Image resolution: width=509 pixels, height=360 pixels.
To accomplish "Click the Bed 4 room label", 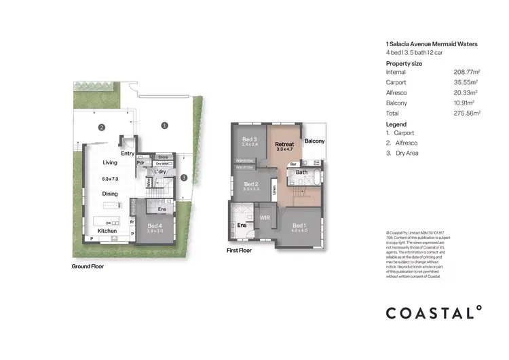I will (x=155, y=226).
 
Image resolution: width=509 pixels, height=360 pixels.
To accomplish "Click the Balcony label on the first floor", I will (x=314, y=141).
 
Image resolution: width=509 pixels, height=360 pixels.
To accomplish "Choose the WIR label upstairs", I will (x=264, y=218).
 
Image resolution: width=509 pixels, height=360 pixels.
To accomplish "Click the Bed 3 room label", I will (x=250, y=139).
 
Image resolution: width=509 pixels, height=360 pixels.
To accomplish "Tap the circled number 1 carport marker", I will (x=164, y=125).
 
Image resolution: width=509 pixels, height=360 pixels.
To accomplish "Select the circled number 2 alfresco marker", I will (x=100, y=127).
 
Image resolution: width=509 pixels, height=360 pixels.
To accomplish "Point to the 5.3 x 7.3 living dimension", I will (x=110, y=179).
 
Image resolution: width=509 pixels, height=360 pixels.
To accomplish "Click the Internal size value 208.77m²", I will (x=466, y=71).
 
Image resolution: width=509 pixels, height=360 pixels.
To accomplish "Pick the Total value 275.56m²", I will (x=466, y=113).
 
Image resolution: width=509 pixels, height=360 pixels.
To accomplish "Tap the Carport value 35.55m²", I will (x=466, y=82).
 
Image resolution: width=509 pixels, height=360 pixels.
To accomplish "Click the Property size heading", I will (x=404, y=63).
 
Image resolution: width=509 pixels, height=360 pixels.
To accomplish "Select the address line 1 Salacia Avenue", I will (x=431, y=44).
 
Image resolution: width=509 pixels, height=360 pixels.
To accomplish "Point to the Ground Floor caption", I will (x=88, y=266).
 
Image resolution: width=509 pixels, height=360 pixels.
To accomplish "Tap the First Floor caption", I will (x=239, y=250).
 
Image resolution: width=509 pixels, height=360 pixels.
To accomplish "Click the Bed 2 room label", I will (x=250, y=184).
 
